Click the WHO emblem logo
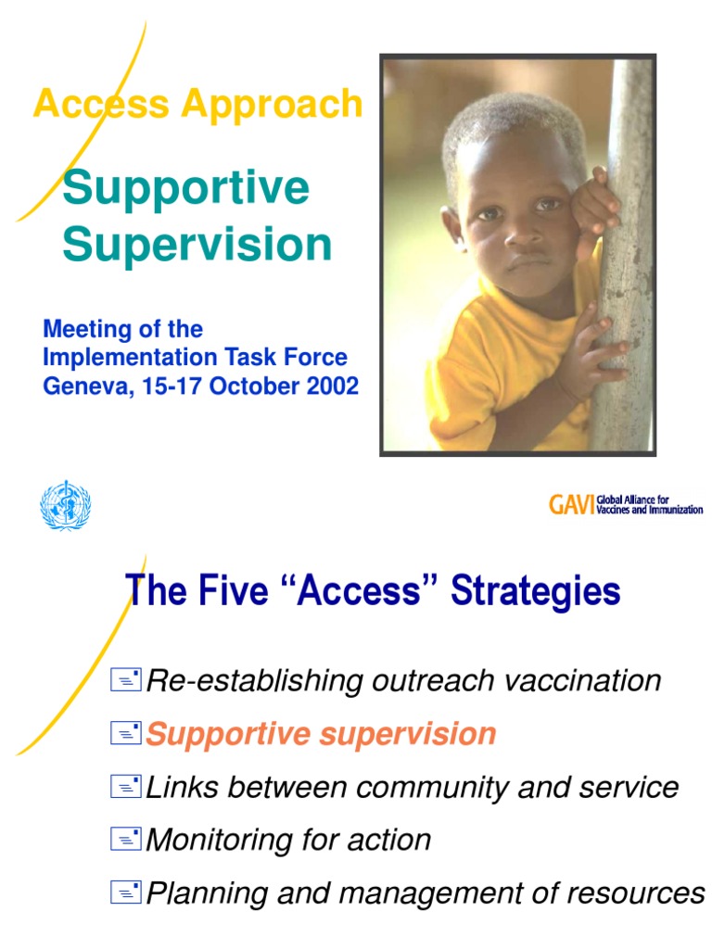point(65,506)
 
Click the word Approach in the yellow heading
point(273,104)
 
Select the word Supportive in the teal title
point(185,188)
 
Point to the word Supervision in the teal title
point(197,246)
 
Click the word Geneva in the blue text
point(83,386)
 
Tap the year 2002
point(331,386)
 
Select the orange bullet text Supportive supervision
point(321,734)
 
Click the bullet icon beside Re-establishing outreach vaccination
point(125,682)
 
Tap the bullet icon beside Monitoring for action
point(125,841)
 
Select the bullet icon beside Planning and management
point(125,893)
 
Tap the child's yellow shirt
point(491,371)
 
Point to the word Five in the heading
point(217,590)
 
